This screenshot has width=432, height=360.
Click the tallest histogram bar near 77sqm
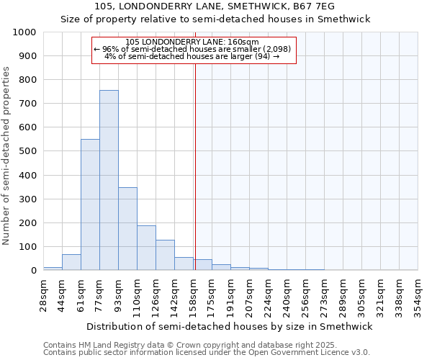tap(109, 180)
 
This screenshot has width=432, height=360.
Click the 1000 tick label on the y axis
tap(24, 32)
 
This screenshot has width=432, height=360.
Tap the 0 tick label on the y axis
tap(34, 271)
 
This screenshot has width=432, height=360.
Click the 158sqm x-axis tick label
tap(194, 295)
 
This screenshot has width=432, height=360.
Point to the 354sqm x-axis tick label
tap(418, 295)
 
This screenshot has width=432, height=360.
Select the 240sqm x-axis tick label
tap(287, 295)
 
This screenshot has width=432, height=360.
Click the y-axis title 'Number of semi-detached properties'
tap(7, 156)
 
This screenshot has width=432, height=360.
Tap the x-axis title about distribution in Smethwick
tap(230, 326)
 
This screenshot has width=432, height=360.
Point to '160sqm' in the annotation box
tap(244, 42)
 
